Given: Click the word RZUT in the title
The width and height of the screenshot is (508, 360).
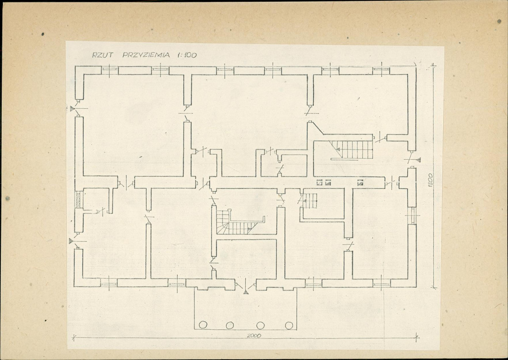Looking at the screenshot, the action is coord(103,55).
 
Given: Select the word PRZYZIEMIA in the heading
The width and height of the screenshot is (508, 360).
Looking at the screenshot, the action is coord(146,55).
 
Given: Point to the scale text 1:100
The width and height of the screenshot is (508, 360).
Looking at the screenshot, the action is coord(187,55).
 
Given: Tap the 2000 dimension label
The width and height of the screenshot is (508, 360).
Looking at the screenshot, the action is coord(254,336).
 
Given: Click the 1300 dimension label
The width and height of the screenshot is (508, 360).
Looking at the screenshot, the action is coord(430,180).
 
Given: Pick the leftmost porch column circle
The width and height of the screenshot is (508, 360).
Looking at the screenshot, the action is coord(203,325).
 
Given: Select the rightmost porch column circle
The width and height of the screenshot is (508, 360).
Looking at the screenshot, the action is coord(289,325).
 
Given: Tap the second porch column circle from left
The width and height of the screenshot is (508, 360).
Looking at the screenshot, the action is coord(230,325).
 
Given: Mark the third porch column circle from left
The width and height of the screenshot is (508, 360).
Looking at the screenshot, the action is coord(261,325).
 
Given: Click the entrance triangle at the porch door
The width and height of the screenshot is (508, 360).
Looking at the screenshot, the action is coord(246,292).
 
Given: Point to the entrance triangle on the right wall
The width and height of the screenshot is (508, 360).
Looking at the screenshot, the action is coord(418,160).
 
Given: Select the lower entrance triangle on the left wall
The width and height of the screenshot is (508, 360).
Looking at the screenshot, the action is coord(71,241).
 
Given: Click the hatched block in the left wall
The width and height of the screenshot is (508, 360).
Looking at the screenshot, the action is coord(78,199).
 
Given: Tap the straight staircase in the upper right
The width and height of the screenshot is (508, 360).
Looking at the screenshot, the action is coord(352,150).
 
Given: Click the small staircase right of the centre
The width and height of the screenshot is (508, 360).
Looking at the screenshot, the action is coord(310,201).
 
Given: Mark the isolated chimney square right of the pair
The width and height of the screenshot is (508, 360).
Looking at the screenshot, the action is coord(360,183).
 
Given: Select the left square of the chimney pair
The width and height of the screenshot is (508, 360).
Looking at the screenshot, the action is coord(319,183).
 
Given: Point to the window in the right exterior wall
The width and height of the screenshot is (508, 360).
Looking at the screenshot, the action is coord(412,215).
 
